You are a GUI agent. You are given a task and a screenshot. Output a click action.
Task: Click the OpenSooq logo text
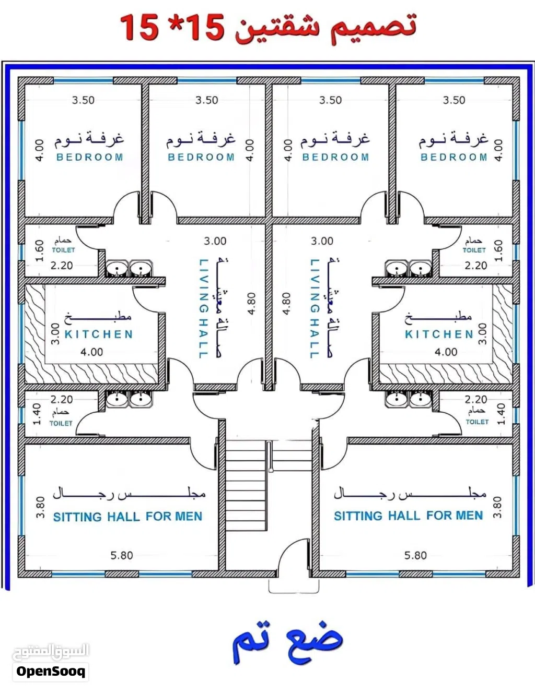point(51,671)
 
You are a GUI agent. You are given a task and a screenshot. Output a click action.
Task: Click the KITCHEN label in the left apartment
point(99,334)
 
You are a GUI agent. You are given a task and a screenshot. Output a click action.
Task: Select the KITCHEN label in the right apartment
point(439,334)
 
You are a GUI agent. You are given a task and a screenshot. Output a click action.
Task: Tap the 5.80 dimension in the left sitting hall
point(122,555)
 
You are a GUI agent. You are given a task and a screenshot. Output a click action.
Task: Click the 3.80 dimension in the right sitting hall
point(497,507)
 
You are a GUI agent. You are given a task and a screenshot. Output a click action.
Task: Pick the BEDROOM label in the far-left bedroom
point(90,157)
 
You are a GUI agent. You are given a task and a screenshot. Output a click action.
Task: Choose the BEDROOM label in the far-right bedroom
point(454,157)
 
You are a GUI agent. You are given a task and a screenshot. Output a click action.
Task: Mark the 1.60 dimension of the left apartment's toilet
point(39,250)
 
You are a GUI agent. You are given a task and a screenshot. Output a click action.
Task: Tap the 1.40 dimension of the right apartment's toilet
point(501,414)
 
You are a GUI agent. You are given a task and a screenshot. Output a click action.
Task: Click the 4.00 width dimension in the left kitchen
point(92,352)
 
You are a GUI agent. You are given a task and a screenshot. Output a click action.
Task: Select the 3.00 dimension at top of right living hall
point(322,241)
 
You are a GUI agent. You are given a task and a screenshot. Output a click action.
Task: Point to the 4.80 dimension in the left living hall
point(252,303)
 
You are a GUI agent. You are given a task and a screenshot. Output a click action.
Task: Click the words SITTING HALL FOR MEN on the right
point(409,516)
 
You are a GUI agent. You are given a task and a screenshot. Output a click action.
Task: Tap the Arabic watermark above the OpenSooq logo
point(51,652)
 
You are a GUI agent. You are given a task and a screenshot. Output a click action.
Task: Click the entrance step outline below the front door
point(294,587)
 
